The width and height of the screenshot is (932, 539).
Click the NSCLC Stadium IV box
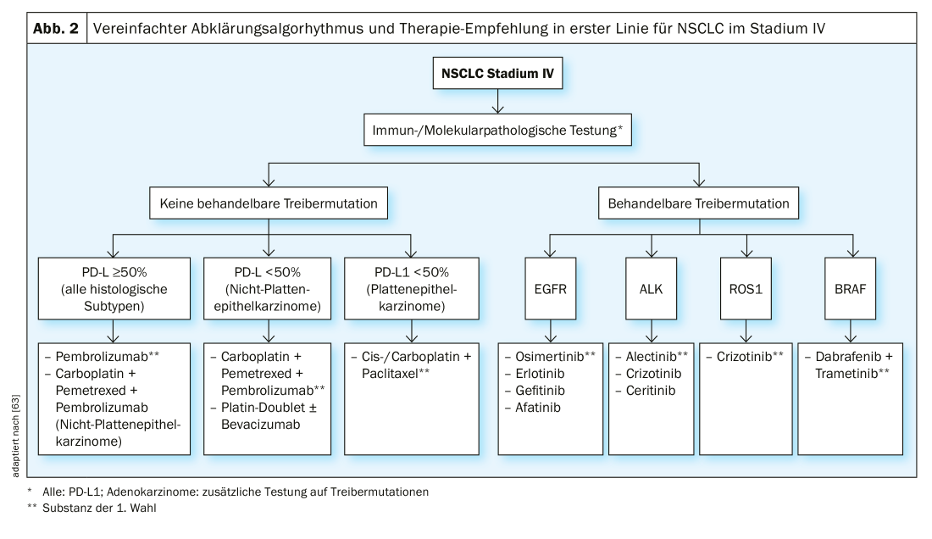coord(497,74)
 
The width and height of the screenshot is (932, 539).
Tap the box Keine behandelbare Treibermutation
coord(268,203)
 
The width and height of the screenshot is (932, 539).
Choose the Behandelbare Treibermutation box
coord(698,203)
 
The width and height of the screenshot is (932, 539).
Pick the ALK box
coord(651,287)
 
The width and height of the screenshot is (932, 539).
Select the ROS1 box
coord(746,287)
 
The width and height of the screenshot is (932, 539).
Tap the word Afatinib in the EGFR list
coord(539,408)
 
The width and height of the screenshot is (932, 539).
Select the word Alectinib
coord(645,357)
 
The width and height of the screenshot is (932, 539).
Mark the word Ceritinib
coord(645,391)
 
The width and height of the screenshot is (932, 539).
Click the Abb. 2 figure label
coord(56,28)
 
